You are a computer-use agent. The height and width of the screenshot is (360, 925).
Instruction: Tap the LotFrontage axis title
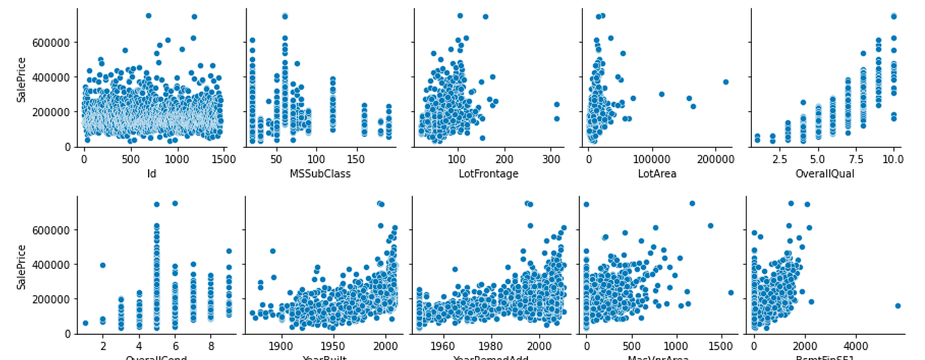[x=488, y=174]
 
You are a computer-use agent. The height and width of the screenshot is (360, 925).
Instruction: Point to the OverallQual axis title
[x=825, y=174]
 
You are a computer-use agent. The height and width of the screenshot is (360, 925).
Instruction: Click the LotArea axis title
[x=657, y=174]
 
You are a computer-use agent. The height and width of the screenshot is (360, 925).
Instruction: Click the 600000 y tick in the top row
[x=55, y=42]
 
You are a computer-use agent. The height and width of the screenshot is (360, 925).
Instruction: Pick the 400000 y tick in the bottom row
[x=55, y=264]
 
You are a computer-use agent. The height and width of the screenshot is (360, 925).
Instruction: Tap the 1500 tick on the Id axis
[x=223, y=159]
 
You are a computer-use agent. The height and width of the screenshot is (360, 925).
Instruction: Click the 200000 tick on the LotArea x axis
[x=715, y=159]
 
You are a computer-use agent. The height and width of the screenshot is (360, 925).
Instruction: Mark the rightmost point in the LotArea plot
[x=725, y=82]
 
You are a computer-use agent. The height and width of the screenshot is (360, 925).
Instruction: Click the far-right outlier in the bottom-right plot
[x=897, y=306]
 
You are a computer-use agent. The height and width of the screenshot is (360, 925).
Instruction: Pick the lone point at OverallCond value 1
[x=85, y=323]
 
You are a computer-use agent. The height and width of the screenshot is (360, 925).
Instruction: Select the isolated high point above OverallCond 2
[x=103, y=265]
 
